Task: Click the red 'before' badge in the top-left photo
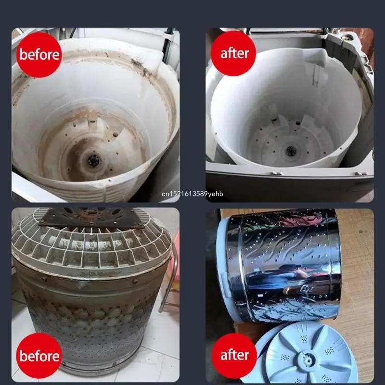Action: pyautogui.click(x=39, y=55)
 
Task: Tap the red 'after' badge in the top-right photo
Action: pyautogui.click(x=233, y=53)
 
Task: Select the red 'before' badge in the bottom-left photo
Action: pyautogui.click(x=39, y=356)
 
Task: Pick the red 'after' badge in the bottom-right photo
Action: pyautogui.click(x=234, y=356)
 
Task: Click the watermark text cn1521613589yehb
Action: pyautogui.click(x=192, y=194)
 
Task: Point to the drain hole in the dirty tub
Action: pyautogui.click(x=93, y=161)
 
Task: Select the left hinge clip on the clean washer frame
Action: pyautogui.click(x=276, y=173)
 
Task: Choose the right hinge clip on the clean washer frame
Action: pyautogui.click(x=360, y=174)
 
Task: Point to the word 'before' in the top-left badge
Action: pyautogui.click(x=39, y=54)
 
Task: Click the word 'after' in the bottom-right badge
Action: pyautogui.click(x=235, y=355)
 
